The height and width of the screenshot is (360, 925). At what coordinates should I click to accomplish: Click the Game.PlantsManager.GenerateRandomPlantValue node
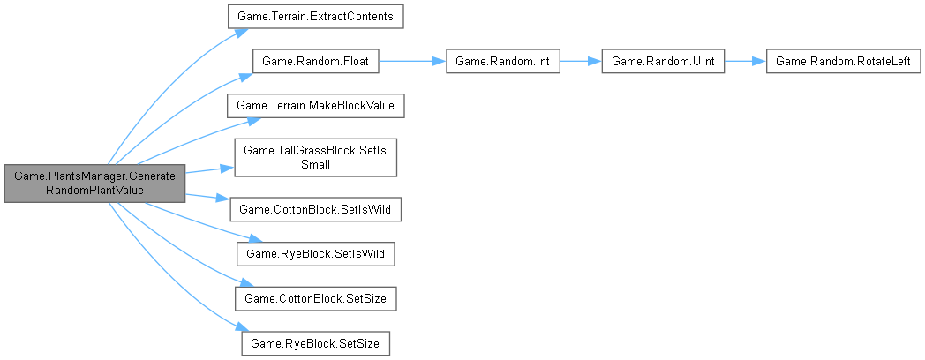click(x=94, y=183)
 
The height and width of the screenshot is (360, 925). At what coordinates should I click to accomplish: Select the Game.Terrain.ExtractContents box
click(x=316, y=17)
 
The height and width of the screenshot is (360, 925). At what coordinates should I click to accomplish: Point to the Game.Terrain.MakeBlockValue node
click(x=316, y=105)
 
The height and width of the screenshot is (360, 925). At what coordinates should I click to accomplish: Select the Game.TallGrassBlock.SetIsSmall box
click(x=316, y=157)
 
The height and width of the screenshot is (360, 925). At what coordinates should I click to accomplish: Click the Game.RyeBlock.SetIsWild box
click(x=316, y=253)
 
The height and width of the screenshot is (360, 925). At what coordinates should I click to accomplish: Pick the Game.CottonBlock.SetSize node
click(x=316, y=297)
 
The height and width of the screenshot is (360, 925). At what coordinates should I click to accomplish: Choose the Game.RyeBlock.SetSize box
click(x=316, y=341)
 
